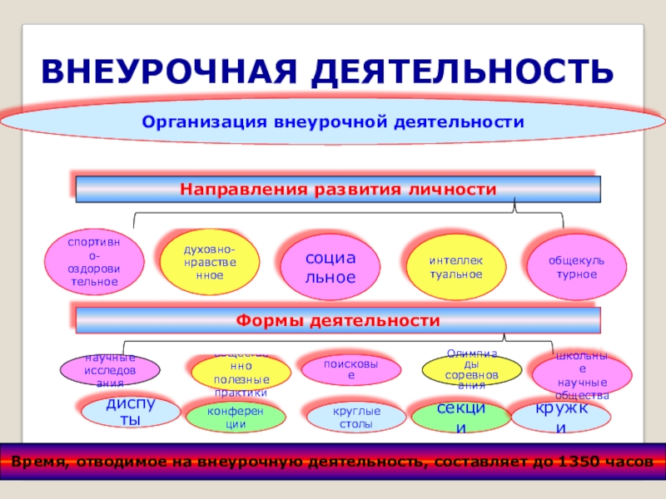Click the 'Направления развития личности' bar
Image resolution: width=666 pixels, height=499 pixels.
tap(338, 190)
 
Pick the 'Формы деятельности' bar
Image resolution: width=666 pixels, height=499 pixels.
tap(338, 320)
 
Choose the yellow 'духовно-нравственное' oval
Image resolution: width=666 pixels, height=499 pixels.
tap(209, 263)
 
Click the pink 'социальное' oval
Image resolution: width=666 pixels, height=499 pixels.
tap(330, 267)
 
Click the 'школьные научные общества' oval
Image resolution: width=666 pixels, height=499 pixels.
tap(582, 373)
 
